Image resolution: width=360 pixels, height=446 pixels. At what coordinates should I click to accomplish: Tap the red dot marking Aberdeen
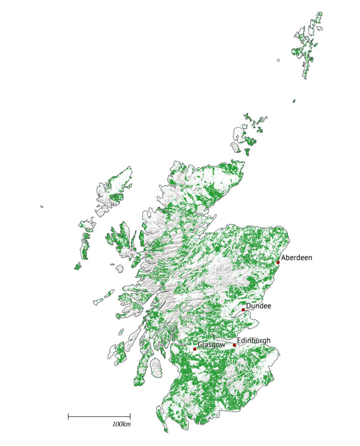[x=278, y=262]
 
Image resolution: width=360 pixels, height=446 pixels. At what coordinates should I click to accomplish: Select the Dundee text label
[x=258, y=306]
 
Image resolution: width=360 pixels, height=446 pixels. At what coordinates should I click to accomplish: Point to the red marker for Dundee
[x=243, y=310]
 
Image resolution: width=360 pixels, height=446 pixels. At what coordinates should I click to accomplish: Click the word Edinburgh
[x=254, y=341]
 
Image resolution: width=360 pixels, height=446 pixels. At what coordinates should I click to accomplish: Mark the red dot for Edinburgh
[x=234, y=345]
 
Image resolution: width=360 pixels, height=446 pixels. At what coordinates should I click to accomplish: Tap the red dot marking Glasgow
[x=195, y=349]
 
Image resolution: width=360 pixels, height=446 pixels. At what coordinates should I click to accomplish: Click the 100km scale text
[x=121, y=424]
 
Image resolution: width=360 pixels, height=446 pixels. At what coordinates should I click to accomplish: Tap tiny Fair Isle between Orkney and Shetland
[x=294, y=101]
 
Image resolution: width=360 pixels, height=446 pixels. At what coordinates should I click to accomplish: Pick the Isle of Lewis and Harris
[x=115, y=190]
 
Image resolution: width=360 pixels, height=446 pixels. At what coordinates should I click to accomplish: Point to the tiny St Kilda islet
[x=42, y=206]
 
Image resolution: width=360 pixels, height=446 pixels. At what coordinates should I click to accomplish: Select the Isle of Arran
[x=157, y=367]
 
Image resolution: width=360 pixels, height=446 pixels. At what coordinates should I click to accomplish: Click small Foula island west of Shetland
[x=278, y=60]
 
